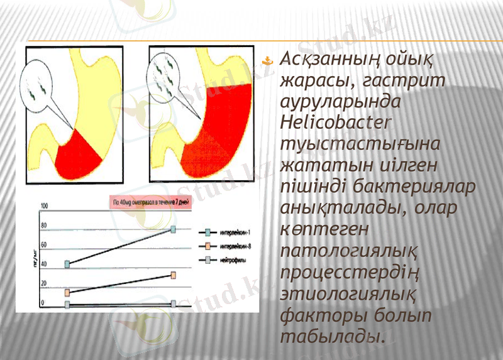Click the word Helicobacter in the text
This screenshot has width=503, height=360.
[x=336, y=121]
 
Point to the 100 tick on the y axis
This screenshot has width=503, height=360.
[x=44, y=207]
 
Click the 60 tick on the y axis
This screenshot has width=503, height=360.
[x=43, y=244]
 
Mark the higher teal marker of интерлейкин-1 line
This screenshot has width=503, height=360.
[x=174, y=230]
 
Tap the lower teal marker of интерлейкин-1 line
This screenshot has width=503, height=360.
[x=67, y=264]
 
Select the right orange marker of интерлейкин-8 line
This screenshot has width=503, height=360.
[x=173, y=275]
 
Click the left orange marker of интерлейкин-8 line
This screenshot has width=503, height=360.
[x=67, y=293]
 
